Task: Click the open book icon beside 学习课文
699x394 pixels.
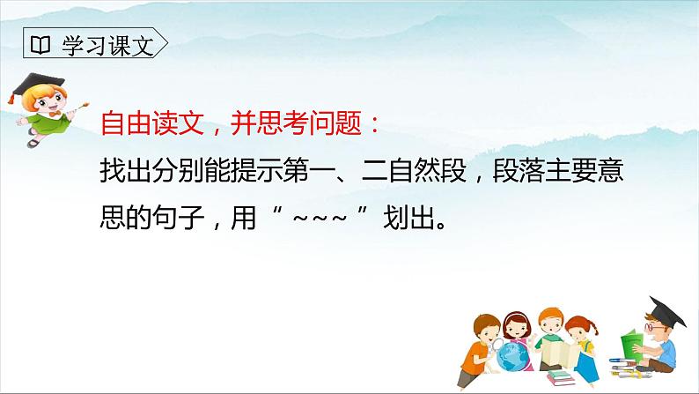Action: point(40,43)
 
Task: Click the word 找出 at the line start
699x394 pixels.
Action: point(122,171)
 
